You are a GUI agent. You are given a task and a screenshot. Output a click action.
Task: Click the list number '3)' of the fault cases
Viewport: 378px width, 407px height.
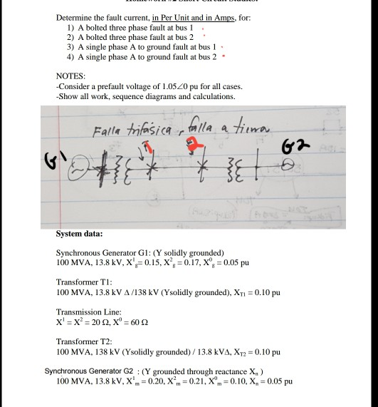coord(70,45)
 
